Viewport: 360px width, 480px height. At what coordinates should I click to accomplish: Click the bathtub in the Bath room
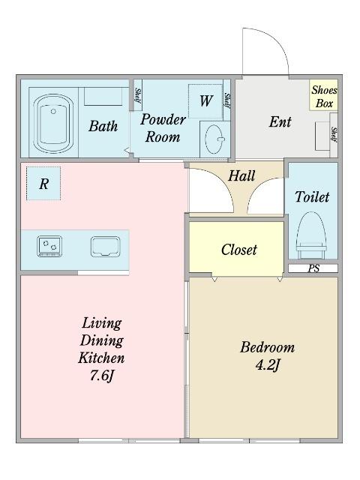tap(53, 123)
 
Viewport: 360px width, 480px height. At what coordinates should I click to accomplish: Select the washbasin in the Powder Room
tap(214, 139)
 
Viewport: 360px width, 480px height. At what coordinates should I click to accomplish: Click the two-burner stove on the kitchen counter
tap(49, 246)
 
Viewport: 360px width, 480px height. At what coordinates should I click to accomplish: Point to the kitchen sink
tap(105, 247)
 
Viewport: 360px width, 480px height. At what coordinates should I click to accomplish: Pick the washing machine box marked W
tap(205, 100)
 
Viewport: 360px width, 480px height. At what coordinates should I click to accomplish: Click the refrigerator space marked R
tap(43, 183)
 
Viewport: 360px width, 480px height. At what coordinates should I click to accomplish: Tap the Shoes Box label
tap(324, 97)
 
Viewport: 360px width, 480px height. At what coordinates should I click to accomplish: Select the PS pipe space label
tap(313, 268)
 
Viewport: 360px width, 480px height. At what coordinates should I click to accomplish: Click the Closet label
tap(239, 250)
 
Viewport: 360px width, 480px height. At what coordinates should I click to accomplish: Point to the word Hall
tap(241, 175)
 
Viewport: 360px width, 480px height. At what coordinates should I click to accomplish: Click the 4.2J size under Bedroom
tap(268, 365)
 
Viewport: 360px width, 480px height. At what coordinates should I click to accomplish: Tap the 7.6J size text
tap(102, 376)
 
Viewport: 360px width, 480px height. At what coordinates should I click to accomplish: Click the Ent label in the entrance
tap(280, 121)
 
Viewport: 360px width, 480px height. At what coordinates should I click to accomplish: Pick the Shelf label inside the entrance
tap(334, 134)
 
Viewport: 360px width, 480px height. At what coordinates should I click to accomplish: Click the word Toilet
tap(312, 196)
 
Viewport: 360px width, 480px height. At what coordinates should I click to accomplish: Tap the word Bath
tap(103, 126)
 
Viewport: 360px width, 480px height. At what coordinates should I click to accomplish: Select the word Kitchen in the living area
tap(101, 358)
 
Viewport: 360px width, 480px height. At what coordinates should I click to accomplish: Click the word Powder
tap(163, 119)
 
